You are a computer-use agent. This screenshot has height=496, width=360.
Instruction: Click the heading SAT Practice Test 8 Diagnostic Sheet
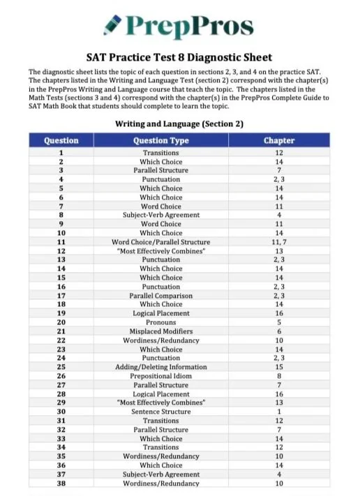180,58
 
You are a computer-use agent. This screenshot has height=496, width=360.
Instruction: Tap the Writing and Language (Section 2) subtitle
179,124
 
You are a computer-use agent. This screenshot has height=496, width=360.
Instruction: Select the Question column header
61,140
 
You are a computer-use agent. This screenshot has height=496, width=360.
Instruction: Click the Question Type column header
161,140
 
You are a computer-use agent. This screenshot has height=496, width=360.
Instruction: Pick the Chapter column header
279,140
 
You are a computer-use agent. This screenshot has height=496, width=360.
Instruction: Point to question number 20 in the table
61,322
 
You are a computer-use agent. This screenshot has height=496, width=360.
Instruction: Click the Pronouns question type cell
161,322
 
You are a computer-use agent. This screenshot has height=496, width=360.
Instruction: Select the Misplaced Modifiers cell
161,331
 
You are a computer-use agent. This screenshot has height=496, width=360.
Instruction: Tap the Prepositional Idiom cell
161,376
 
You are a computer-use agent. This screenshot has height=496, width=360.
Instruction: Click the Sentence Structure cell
161,412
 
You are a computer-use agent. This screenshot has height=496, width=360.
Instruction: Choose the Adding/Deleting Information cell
161,367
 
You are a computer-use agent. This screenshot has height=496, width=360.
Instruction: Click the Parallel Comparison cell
161,296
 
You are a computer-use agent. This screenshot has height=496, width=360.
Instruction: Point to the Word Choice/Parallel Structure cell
161,242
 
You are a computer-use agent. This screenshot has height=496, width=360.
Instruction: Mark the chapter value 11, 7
279,242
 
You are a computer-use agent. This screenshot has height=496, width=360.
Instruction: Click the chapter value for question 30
279,412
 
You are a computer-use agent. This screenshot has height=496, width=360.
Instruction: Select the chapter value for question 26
279,376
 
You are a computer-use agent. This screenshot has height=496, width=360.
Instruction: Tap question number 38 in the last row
61,483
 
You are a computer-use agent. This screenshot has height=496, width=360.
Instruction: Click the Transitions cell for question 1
161,153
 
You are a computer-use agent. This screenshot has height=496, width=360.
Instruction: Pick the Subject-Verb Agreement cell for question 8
161,215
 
